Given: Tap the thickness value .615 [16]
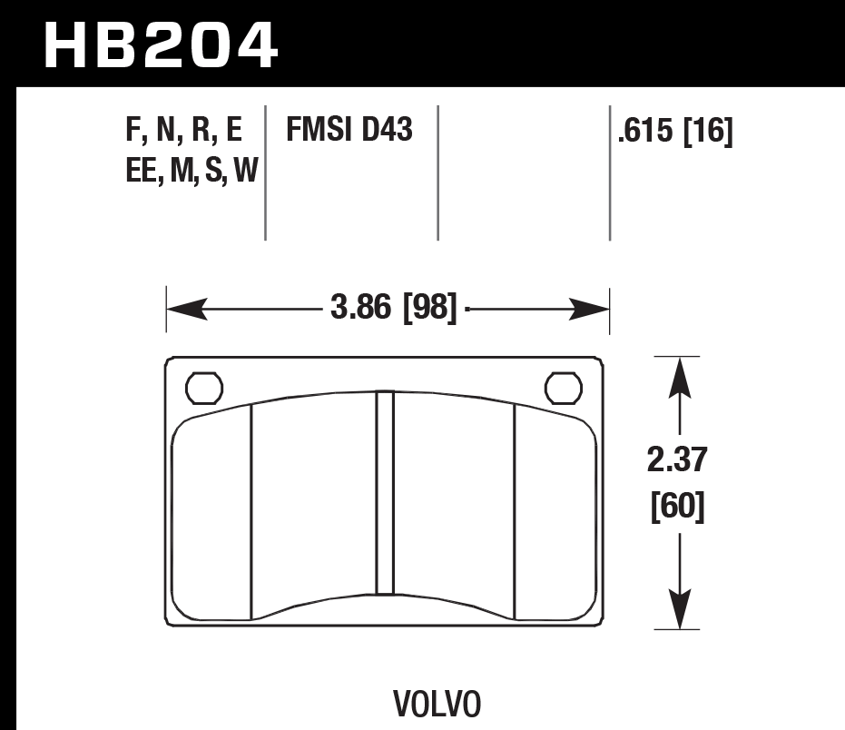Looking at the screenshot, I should coord(674,133).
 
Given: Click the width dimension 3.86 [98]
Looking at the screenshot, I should coord(392,311).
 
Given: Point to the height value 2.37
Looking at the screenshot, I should coord(677,461).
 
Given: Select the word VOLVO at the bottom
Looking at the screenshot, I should coord(437,704).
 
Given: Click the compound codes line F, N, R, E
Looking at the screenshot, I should coord(184,133).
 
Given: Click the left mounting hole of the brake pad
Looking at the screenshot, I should coord(203,388).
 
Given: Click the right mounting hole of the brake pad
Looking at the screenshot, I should coord(563,388).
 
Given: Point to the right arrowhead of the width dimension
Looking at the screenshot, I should coord(590,311).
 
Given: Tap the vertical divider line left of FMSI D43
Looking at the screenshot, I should coord(265,173).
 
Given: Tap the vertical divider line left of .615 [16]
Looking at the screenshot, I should coord(609,173).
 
